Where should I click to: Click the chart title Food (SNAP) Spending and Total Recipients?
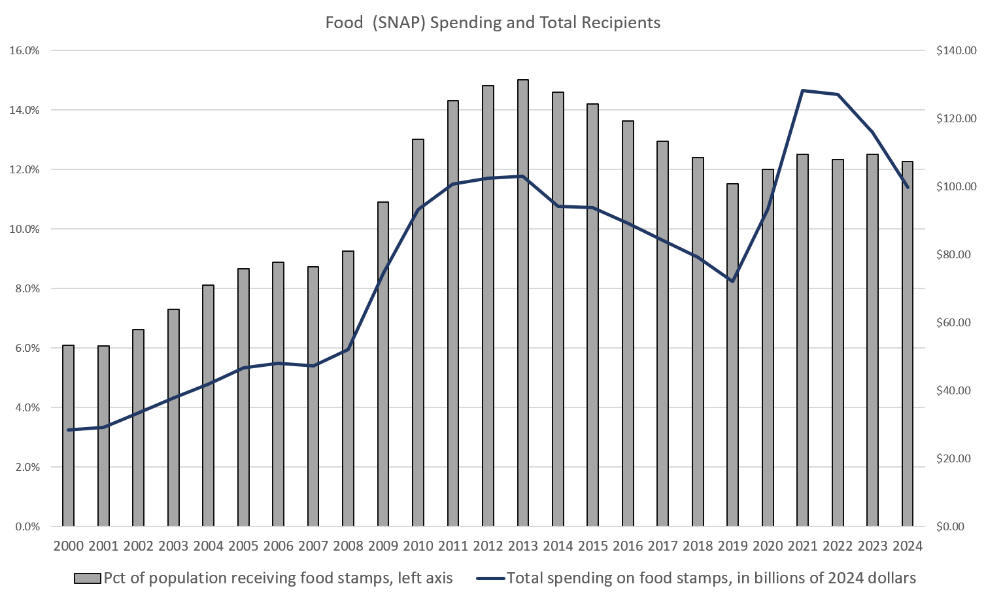click(493, 23)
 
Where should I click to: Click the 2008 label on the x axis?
click(348, 546)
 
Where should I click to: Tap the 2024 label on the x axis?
click(907, 546)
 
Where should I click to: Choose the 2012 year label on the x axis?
click(488, 546)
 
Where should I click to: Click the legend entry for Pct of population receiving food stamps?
click(263, 578)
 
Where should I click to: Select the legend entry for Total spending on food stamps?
click(696, 578)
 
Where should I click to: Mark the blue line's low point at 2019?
click(732, 281)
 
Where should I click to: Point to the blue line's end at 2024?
click(908, 188)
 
